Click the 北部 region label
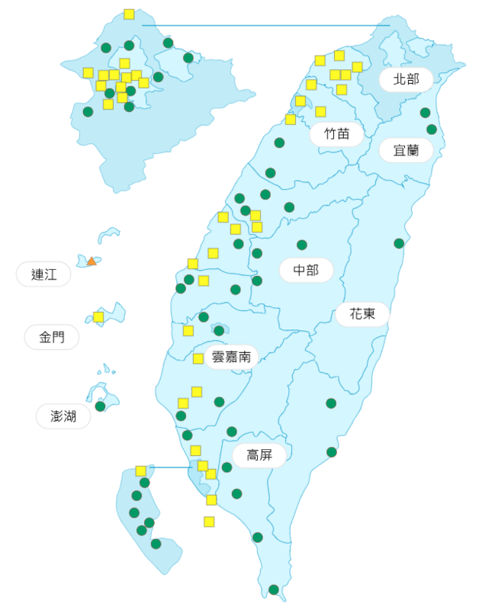(406, 79)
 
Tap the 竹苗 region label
(336, 133)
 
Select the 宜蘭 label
(406, 150)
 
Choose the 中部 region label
(306, 270)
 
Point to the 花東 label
(362, 313)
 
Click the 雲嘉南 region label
(231, 356)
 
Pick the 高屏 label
(259, 455)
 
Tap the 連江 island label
(43, 274)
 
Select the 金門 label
(51, 337)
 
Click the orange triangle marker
(92, 261)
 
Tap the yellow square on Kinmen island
(98, 316)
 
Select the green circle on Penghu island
(100, 406)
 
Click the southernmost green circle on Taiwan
(274, 589)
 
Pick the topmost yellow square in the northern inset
(129, 14)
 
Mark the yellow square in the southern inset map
(141, 470)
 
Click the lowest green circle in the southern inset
(156, 544)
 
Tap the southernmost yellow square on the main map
(209, 522)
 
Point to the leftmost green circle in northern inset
(88, 111)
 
